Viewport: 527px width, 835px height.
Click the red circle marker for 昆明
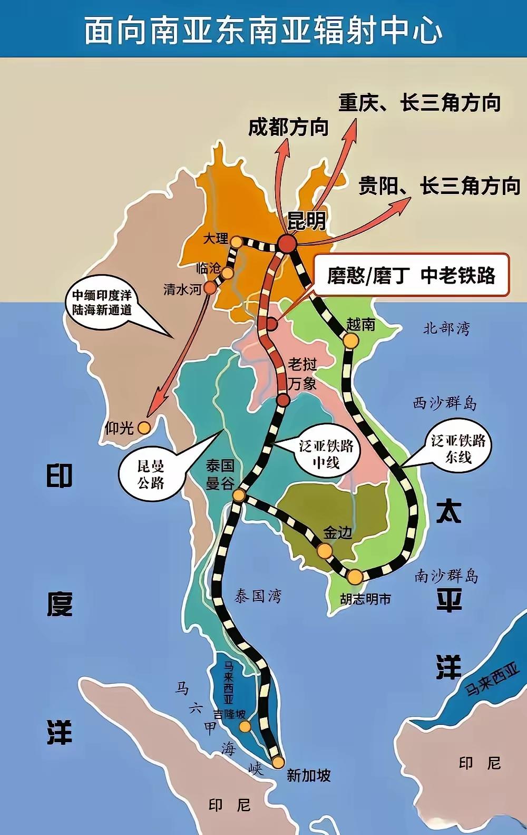click(288, 244)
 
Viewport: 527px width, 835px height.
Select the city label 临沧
click(208, 268)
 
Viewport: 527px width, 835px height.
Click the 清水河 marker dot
click(210, 288)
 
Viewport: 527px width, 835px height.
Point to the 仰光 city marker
click(143, 428)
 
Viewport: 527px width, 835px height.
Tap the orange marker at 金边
click(325, 551)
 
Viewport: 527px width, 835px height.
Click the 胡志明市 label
click(366, 599)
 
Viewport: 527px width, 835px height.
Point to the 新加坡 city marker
click(278, 762)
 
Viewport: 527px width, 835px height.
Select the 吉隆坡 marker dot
click(245, 727)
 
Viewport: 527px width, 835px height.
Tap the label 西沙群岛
click(444, 404)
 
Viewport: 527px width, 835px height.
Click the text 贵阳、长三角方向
click(440, 186)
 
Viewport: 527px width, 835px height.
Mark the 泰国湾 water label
click(258, 596)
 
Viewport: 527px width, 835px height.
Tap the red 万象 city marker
click(283, 400)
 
